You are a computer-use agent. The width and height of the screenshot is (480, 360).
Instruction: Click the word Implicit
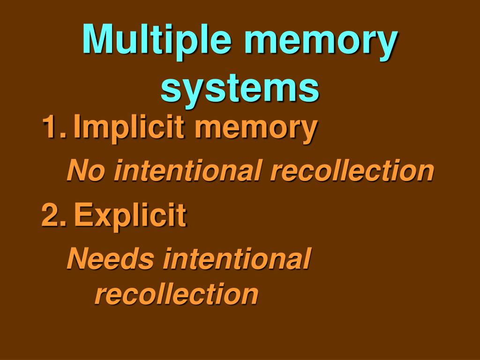click(x=127, y=128)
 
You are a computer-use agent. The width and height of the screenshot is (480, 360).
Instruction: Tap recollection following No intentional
click(x=352, y=171)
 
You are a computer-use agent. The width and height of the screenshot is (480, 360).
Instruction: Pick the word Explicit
click(x=130, y=217)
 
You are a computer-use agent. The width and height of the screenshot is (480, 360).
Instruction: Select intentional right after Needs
click(x=237, y=259)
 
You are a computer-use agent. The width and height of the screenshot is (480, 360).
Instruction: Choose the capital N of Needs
click(x=76, y=259)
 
